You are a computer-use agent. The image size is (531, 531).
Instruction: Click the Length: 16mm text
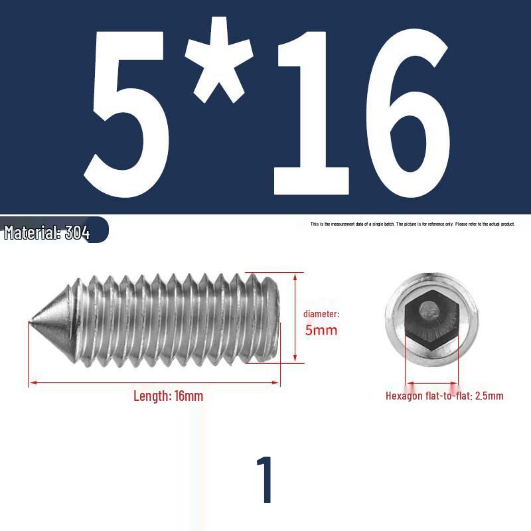pos(168,396)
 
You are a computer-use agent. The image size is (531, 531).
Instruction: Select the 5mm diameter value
pos(321,330)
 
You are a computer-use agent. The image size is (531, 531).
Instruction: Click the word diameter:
pos(321,314)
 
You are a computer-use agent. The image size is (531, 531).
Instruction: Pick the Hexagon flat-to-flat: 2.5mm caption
pos(444,396)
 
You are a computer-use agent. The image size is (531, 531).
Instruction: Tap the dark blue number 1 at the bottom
pos(265,480)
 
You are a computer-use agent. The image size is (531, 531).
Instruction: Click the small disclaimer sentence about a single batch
pos(412,224)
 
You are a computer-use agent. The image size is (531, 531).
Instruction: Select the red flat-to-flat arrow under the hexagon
pos(431,383)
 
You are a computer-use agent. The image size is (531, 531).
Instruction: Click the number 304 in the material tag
pos(77,233)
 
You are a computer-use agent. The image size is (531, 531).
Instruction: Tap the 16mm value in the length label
pos(189,396)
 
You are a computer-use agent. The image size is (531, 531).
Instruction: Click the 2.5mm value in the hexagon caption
pos(489,396)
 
